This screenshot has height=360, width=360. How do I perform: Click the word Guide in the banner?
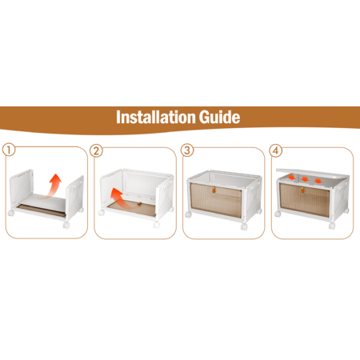[219, 118]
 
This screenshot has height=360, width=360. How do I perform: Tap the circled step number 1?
[9, 150]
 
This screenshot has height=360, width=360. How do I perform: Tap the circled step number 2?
[96, 151]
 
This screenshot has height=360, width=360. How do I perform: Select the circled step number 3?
[187, 150]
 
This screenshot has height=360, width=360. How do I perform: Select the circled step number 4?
[276, 150]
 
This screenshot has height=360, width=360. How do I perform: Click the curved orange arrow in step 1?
[53, 186]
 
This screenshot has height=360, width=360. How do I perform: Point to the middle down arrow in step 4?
[305, 179]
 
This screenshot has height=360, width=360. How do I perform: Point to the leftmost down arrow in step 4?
[291, 177]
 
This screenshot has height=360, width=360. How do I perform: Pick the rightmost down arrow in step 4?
[318, 181]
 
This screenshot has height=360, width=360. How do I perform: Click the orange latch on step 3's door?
[214, 190]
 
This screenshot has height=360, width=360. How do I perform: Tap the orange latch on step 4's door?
[302, 190]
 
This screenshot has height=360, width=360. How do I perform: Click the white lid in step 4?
[313, 174]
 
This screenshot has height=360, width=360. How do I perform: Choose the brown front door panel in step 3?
[216, 199]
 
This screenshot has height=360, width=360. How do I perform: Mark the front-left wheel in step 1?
[11, 213]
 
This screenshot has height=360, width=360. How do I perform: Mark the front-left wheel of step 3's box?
[188, 214]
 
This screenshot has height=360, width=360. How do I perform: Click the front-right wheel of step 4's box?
[332, 226]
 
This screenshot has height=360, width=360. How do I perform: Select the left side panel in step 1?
[21, 188]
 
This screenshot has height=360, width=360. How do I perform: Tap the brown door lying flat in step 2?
[131, 209]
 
